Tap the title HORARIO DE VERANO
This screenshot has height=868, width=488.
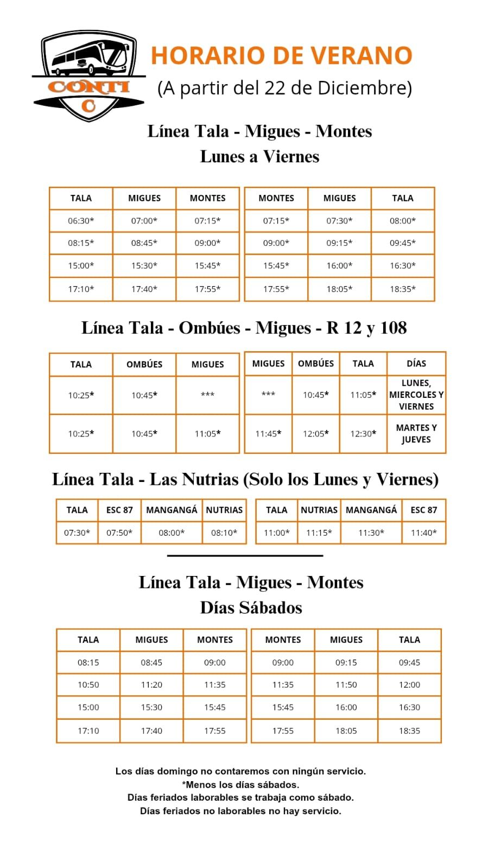(281, 55)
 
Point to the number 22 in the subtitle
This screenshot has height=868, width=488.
(275, 88)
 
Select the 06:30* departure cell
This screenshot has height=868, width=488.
(81, 221)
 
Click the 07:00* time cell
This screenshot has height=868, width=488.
(144, 221)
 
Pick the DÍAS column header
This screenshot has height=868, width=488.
(416, 364)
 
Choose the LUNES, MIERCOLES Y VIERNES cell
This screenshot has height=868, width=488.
(416, 395)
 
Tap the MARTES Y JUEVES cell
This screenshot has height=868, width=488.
(416, 434)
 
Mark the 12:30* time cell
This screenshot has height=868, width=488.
(363, 434)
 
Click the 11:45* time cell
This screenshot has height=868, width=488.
(268, 434)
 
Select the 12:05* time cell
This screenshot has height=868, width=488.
(316, 434)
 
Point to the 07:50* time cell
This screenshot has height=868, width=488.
(119, 533)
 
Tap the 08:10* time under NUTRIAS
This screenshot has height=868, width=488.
(224, 533)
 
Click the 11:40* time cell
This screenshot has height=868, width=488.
(423, 533)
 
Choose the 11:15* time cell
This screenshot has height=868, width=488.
(319, 533)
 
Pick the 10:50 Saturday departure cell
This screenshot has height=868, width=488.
(88, 685)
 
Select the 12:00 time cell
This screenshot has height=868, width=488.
(409, 685)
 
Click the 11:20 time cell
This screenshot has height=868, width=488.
(151, 685)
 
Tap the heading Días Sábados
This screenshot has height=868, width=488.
(251, 607)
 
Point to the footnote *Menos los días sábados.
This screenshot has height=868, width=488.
(240, 784)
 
